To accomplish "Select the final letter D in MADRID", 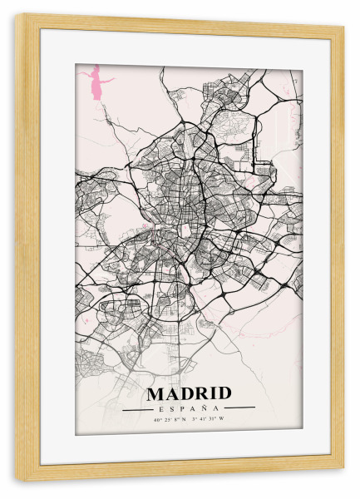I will (224, 393).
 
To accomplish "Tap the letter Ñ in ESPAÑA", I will (205, 408).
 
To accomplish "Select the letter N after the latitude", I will (185, 419).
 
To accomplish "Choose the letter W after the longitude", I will (223, 419).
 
